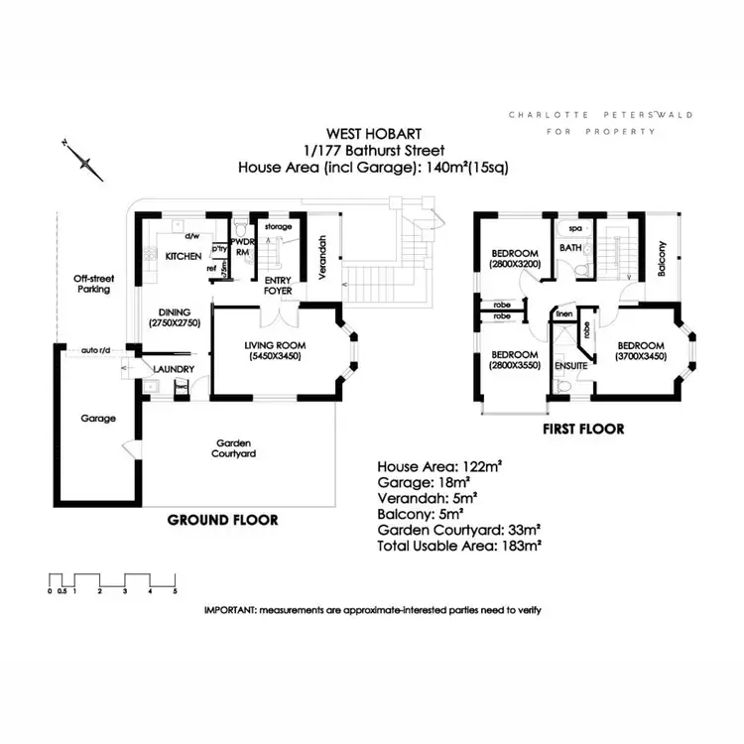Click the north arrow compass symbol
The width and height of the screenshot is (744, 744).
82,160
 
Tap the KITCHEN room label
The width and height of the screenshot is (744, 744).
184,257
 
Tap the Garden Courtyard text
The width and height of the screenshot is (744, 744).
235,447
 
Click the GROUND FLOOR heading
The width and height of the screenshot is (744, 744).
222,520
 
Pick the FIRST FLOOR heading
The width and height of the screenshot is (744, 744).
582,430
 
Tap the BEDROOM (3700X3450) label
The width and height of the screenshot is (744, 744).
639,350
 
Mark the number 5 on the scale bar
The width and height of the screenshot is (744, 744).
175,591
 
